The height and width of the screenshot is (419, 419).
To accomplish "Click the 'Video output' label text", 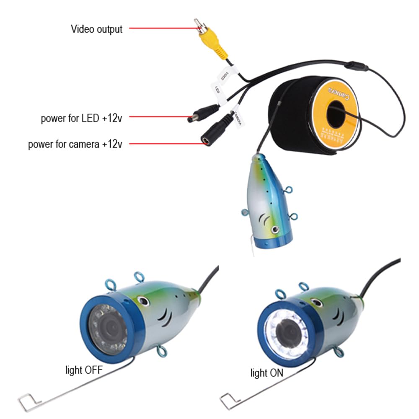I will point(96,29).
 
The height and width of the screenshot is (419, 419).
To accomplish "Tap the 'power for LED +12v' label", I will point(81,118).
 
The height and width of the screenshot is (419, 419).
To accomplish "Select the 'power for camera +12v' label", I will point(75,145).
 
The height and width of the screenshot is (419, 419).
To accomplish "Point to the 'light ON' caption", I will point(266,372).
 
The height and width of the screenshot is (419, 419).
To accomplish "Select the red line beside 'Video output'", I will point(163,28).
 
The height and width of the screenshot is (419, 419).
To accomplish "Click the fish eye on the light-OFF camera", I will point(144,301).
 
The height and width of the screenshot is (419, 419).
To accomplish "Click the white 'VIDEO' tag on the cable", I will point(225,75).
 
